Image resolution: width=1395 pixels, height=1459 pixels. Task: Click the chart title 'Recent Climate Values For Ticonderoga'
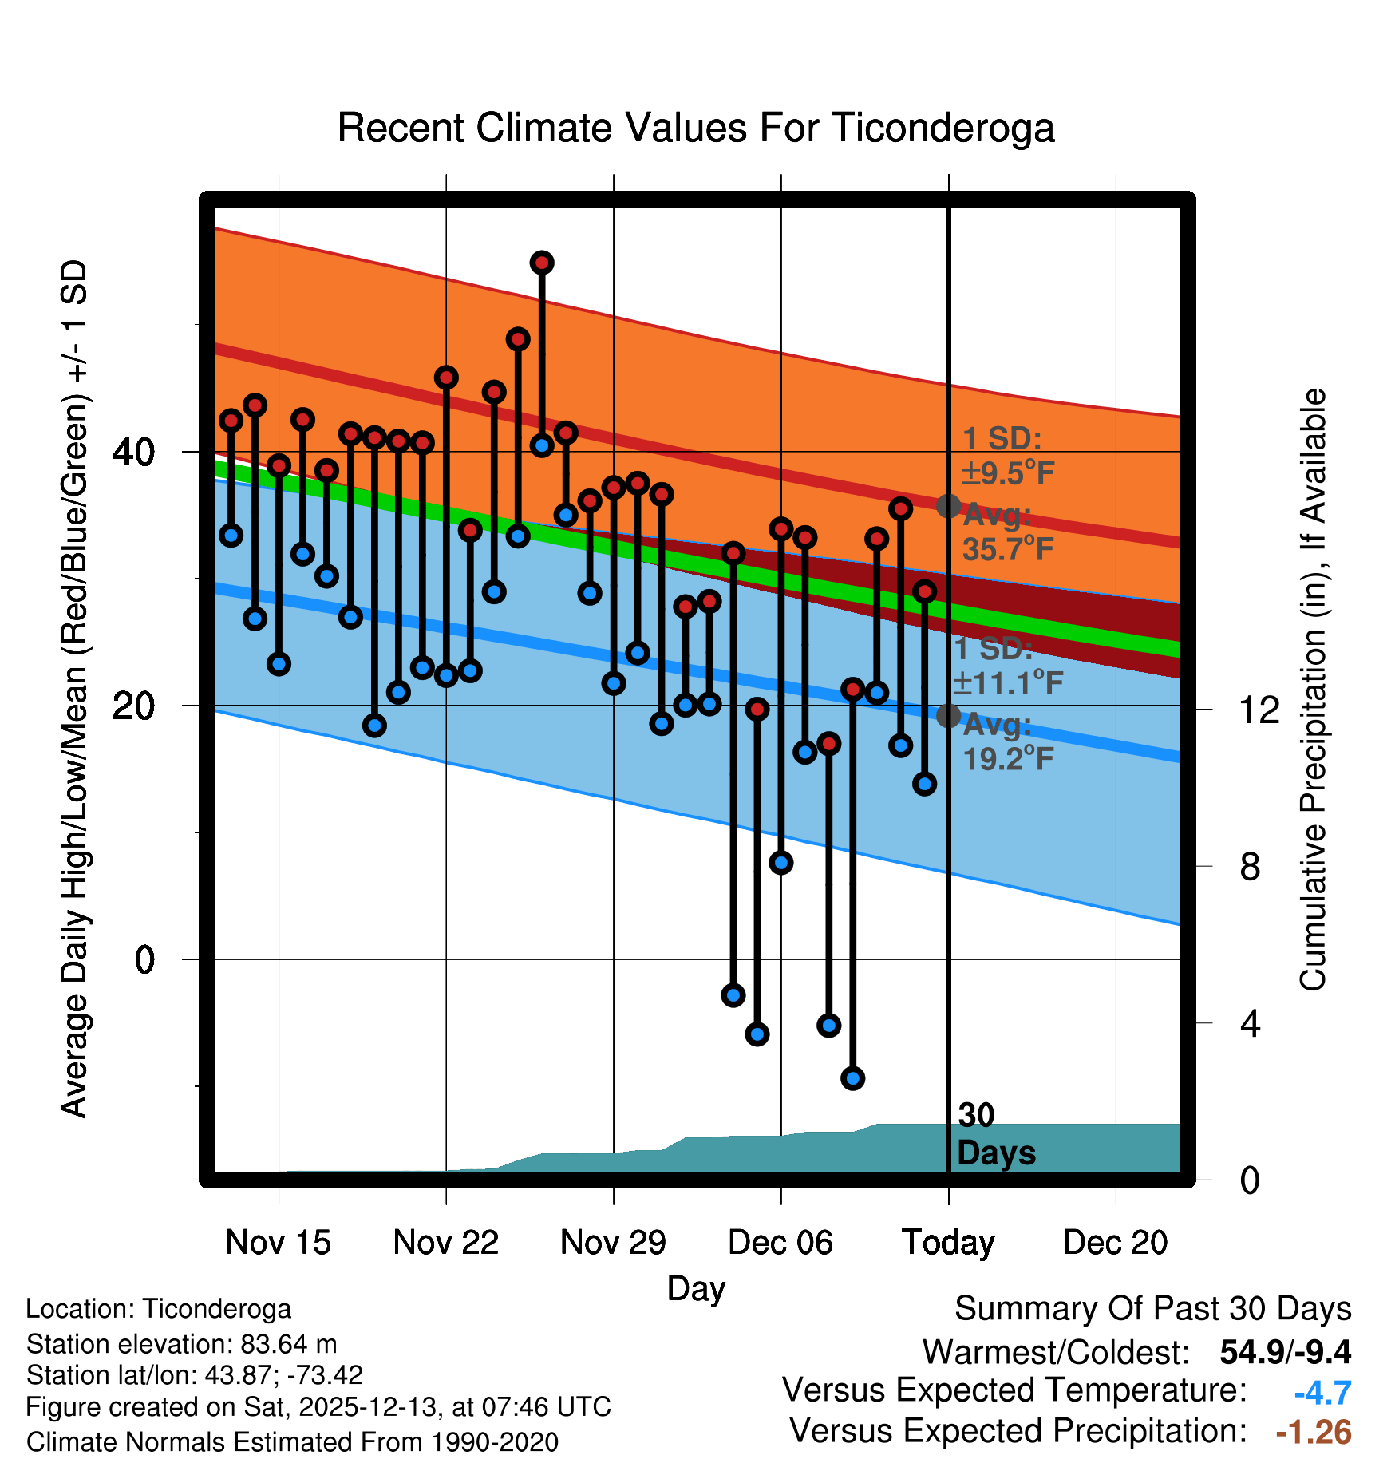click(696, 128)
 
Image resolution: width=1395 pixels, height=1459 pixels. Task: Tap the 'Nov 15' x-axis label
click(278, 1242)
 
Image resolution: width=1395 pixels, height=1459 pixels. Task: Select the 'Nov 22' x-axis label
click(445, 1242)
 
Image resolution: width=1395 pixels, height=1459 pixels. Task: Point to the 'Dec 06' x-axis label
click(780, 1242)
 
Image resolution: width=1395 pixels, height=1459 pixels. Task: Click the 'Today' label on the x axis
click(948, 1242)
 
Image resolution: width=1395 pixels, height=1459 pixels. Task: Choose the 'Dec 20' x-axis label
click(1115, 1242)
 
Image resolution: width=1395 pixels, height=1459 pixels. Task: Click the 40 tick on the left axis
click(133, 453)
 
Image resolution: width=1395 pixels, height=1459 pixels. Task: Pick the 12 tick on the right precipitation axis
click(1259, 710)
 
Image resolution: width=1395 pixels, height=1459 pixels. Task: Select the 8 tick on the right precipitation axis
click(1250, 866)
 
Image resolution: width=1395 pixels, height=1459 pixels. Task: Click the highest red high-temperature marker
click(542, 263)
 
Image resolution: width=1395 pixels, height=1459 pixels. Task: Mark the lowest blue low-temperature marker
click(852, 1078)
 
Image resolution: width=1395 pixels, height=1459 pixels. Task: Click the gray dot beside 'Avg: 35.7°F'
click(948, 505)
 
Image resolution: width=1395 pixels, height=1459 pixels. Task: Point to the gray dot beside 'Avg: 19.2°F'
click(948, 715)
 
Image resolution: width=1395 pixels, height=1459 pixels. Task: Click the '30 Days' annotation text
click(995, 1134)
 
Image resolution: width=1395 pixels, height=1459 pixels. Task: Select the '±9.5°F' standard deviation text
click(1008, 473)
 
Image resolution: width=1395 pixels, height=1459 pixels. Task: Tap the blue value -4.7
click(1322, 1393)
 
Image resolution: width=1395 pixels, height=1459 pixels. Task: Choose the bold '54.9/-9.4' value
click(1285, 1352)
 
